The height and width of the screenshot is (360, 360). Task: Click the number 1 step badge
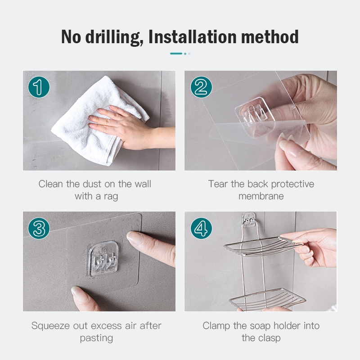39,87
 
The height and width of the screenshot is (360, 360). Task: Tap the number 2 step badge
201,87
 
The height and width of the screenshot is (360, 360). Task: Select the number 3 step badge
39,228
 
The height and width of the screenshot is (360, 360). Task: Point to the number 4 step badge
201,228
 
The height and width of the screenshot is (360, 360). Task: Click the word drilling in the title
114,37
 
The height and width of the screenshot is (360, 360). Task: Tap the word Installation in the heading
193,37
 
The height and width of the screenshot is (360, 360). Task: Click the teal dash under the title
176,54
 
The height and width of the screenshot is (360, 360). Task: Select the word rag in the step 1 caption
111,197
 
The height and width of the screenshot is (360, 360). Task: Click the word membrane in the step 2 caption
261,196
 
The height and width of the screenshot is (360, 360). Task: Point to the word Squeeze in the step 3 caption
50,326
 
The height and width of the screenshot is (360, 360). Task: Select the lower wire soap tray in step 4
267,300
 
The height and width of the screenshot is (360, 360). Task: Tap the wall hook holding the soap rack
248,220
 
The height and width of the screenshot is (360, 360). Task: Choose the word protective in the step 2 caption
292,184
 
